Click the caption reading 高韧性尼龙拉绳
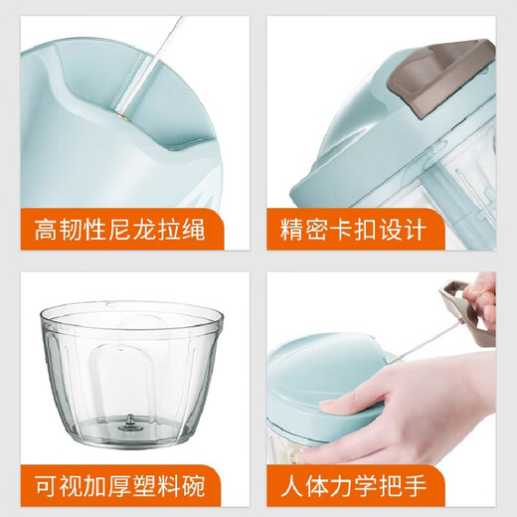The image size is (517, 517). (x=120, y=231)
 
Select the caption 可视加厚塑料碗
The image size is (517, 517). (x=120, y=488)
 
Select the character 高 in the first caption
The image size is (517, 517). (x=46, y=231)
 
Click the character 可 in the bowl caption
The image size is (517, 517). (x=46, y=488)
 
